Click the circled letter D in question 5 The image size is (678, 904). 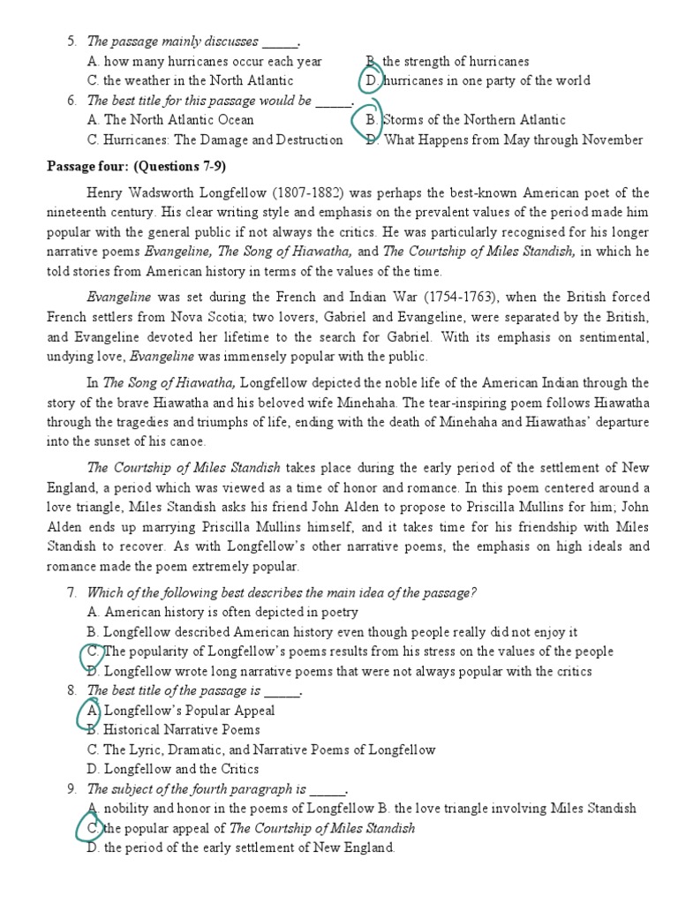click(x=373, y=81)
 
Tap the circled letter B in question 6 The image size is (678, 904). click(x=372, y=120)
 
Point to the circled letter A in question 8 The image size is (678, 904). click(x=93, y=711)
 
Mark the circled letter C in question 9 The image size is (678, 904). click(x=93, y=829)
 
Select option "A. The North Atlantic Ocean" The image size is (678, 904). click(x=170, y=120)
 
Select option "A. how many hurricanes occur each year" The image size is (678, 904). click(x=204, y=62)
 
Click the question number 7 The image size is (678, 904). click(x=72, y=592)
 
